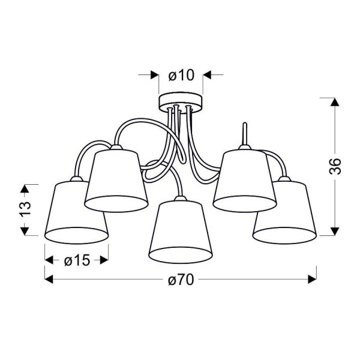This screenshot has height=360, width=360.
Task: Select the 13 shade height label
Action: (25, 209)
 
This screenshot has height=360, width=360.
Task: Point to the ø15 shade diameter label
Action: (76, 260)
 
